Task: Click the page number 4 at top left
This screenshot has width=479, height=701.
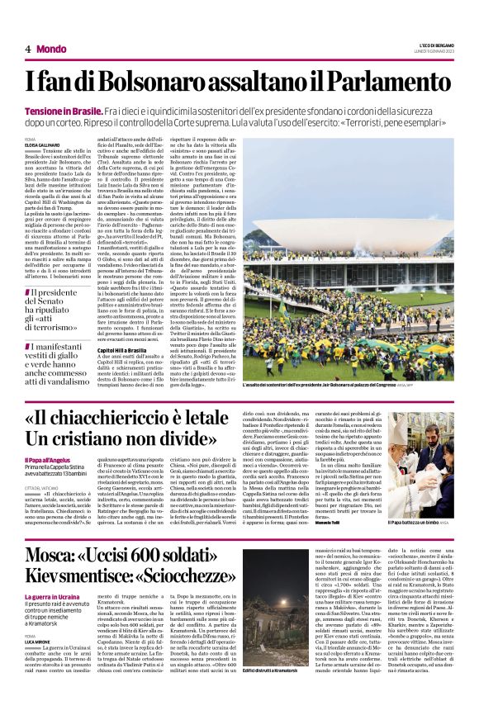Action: pyautogui.click(x=27, y=49)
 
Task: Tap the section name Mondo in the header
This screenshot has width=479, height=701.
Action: pyautogui.click(x=52, y=49)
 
